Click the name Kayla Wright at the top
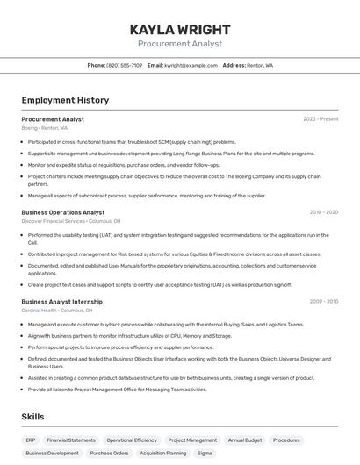click(x=179, y=30)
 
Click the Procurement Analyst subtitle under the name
click(x=179, y=44)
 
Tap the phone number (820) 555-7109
click(x=124, y=65)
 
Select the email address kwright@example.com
click(x=190, y=65)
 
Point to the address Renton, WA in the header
click(x=259, y=65)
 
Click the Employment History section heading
click(x=65, y=100)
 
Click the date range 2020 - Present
click(x=320, y=119)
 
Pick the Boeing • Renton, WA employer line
click(x=45, y=128)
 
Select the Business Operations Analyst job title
click(x=63, y=212)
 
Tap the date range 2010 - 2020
click(x=323, y=212)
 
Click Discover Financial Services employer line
click(x=71, y=221)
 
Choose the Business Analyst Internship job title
click(x=61, y=302)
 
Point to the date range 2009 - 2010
click(x=323, y=302)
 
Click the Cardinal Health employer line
click(x=57, y=311)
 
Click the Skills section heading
click(x=33, y=417)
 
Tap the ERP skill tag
click(x=31, y=440)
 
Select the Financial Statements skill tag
click(x=71, y=440)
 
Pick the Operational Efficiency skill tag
click(x=132, y=440)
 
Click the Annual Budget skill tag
click(x=245, y=440)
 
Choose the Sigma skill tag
click(x=205, y=454)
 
